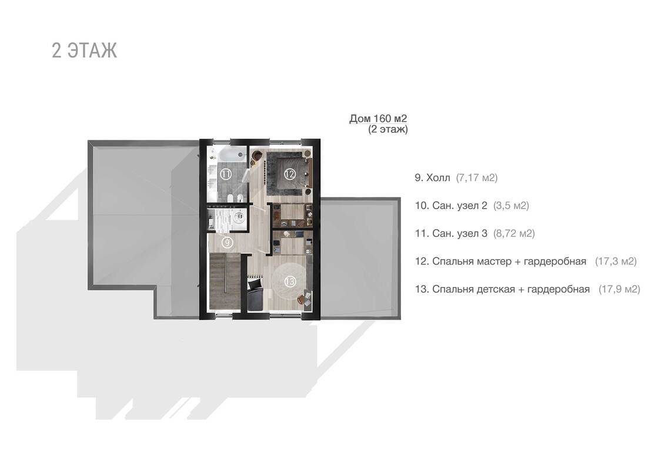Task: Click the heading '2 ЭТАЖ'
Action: (x=85, y=50)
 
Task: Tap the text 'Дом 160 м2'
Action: (x=378, y=119)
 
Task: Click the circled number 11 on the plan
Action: (x=226, y=174)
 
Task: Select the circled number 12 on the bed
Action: (x=289, y=173)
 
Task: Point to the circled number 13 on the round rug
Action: (x=289, y=282)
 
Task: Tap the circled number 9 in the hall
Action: (x=227, y=242)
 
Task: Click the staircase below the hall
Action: (x=225, y=282)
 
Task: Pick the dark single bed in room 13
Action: (x=255, y=295)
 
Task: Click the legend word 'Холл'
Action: (x=438, y=178)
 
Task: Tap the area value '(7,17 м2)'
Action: (x=477, y=178)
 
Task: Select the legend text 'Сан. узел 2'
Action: (x=460, y=206)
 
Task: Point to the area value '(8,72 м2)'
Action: (x=514, y=233)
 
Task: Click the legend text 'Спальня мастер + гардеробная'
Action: (x=509, y=261)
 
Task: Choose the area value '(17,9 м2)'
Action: (x=620, y=289)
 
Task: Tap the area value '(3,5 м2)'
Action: (x=512, y=206)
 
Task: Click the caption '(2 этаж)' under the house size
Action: (x=388, y=129)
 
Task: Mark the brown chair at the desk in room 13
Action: (x=302, y=299)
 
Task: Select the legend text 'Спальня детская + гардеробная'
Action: (x=511, y=289)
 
